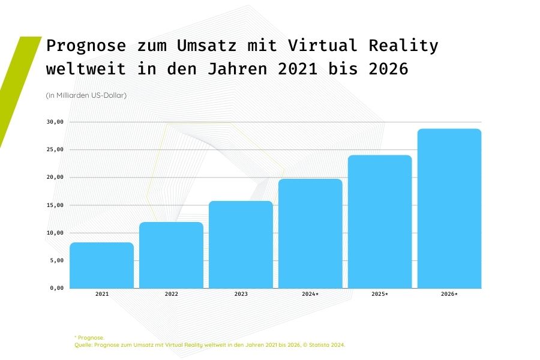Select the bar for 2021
(x=101, y=265)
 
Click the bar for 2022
(x=171, y=255)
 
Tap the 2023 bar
(x=241, y=245)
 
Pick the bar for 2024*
(x=310, y=233)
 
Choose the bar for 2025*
(x=380, y=221)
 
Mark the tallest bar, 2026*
(x=449, y=208)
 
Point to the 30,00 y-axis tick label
(x=55, y=122)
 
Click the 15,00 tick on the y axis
(x=55, y=205)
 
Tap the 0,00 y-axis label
(x=57, y=288)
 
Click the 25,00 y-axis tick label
(x=55, y=149)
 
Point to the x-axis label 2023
(x=241, y=294)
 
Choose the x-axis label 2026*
(x=449, y=294)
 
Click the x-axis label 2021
(x=101, y=294)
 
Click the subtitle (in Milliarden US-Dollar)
(x=86, y=95)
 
